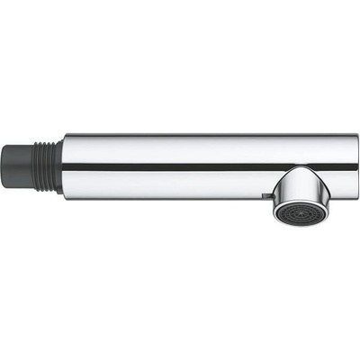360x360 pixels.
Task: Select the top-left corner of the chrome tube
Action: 64,136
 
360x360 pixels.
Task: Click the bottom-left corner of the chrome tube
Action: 64,194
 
